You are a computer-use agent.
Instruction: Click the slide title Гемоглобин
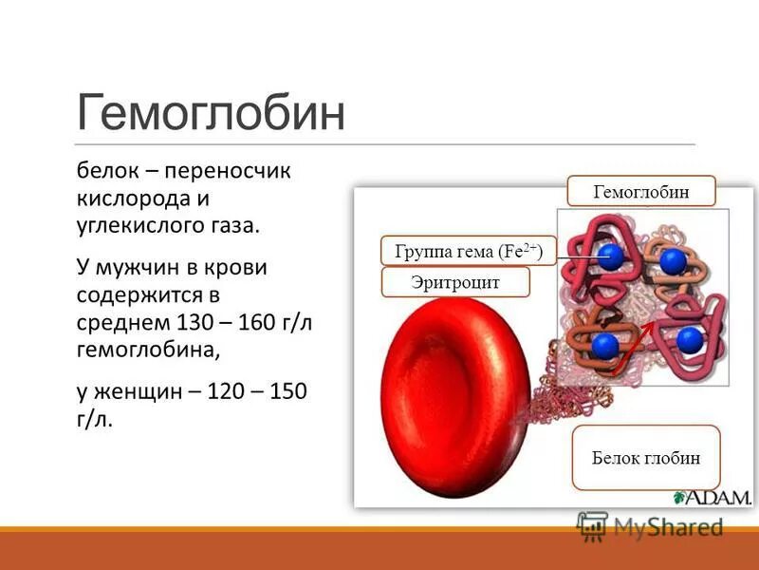211,113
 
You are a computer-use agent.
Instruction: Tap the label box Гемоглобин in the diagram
641,192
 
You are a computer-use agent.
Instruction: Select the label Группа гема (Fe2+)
467,251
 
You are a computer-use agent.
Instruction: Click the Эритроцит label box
455,282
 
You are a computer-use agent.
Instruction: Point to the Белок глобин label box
646,457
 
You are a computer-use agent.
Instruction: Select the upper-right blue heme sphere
673,261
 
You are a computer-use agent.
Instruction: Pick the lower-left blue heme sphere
604,343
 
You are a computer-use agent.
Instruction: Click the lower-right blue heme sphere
689,338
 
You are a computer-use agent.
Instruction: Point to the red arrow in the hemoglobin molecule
631,346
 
